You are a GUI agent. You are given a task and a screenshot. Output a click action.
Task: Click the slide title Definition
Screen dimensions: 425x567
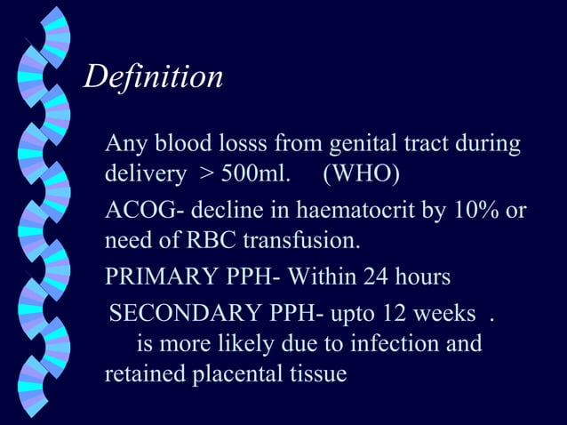(x=152, y=77)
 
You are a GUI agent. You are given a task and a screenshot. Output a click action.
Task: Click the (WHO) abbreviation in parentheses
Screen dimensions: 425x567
(x=357, y=172)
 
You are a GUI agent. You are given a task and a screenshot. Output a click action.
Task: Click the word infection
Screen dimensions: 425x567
(x=387, y=343)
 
